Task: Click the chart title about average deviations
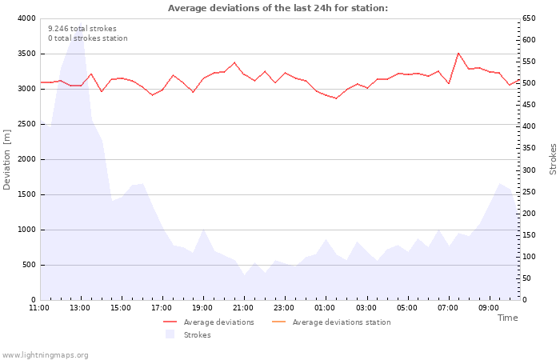(278, 8)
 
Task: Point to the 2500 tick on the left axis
(26, 124)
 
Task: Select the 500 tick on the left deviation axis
(28, 265)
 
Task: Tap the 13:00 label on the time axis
(80, 308)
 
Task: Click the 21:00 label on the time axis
(243, 308)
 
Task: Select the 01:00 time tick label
(325, 308)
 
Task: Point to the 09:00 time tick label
(488, 308)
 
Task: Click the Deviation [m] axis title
(8, 158)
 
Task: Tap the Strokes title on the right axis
(553, 158)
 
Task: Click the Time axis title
(507, 318)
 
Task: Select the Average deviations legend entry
(218, 322)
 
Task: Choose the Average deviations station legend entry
(341, 322)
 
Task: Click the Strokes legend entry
(197, 335)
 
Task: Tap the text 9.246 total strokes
(82, 29)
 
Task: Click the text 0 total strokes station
(87, 38)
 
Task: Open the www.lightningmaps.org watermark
(46, 355)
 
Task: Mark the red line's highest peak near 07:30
(458, 54)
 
